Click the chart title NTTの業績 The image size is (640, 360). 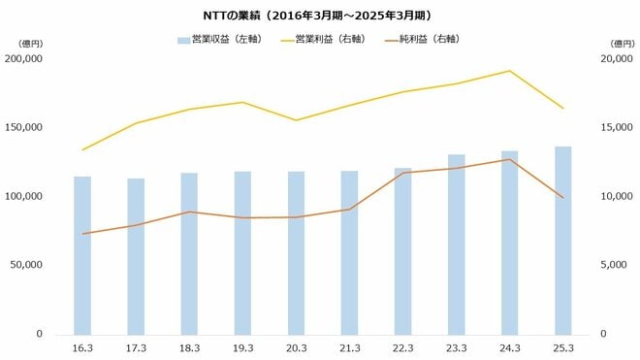coord(320,16)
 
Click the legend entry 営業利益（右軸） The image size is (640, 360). coord(324,40)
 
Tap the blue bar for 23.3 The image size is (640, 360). coord(456,244)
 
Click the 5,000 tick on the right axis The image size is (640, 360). coord(607,265)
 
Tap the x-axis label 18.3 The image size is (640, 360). coord(189,347)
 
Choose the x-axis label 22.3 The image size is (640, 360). coord(402,347)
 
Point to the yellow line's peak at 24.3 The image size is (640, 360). coord(509,71)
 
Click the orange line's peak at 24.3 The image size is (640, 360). coord(509,159)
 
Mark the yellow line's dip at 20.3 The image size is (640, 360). coord(296,120)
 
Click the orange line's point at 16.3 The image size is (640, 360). coord(82,234)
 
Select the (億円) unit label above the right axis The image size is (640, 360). coord(621,43)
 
